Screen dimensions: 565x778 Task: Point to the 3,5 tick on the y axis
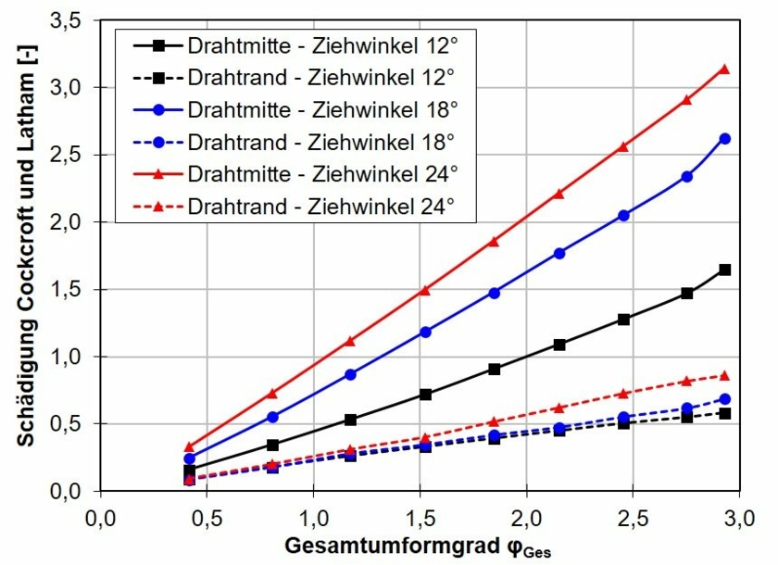(72, 19)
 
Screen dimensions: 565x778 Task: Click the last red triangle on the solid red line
(724, 69)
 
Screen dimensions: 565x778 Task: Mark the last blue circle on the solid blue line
(725, 139)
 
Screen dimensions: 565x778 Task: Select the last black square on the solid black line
(725, 270)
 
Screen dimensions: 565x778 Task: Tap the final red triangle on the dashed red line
(725, 376)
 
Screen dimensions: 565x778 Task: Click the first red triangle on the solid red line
(190, 447)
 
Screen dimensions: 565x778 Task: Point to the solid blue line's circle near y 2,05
(623, 215)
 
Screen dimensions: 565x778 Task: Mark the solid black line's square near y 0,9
(495, 369)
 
